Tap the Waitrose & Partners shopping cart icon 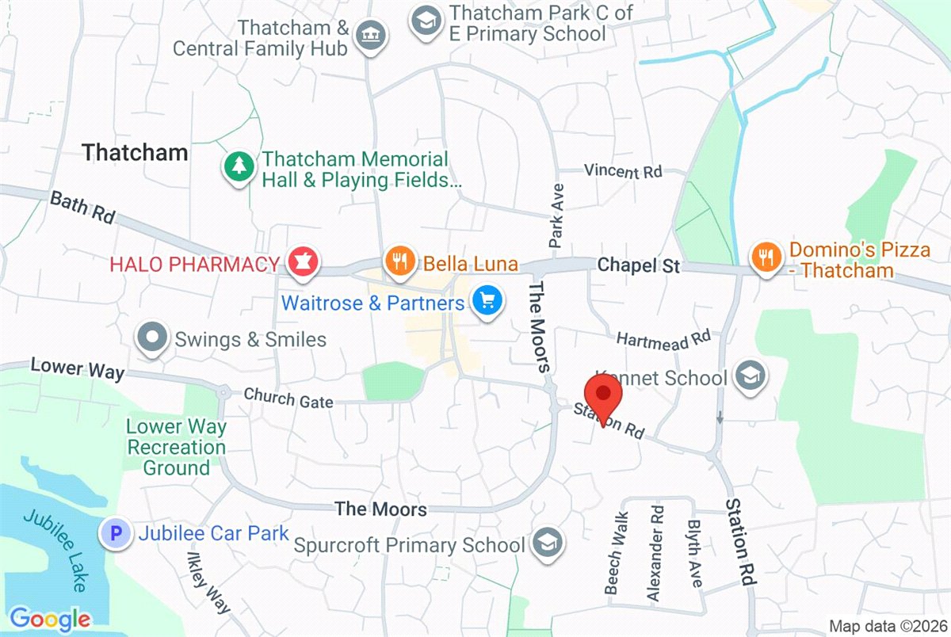point(487,302)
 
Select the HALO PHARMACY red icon point(302,262)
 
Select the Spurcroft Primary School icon point(545,544)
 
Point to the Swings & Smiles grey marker point(152,339)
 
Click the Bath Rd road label point(82,207)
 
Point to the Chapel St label point(639,265)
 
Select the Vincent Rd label point(622,170)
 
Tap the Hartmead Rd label point(663,338)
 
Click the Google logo point(49,618)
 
